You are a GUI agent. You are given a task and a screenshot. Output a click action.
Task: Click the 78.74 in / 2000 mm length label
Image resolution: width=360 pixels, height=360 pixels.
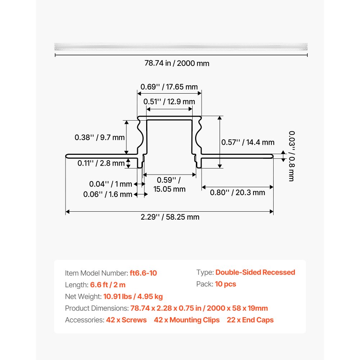[177, 63]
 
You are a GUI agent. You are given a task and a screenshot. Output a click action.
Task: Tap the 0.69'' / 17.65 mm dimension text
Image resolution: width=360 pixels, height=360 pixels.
[169, 86]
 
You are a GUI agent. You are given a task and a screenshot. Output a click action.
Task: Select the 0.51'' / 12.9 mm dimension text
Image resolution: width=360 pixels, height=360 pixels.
[169, 102]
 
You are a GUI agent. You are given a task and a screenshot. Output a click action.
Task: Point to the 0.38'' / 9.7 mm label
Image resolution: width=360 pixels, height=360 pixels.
[99, 137]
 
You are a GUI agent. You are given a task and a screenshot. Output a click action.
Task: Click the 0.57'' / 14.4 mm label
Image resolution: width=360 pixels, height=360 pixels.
[248, 142]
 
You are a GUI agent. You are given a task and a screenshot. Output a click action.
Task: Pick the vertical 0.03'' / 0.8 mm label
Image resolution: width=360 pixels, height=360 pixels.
[291, 156]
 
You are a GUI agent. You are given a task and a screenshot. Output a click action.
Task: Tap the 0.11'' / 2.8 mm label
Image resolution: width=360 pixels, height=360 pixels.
[101, 163]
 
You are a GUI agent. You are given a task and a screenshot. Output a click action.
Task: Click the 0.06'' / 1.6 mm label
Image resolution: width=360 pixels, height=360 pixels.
[108, 194]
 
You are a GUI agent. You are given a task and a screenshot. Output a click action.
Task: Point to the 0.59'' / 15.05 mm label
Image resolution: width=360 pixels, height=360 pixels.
[169, 184]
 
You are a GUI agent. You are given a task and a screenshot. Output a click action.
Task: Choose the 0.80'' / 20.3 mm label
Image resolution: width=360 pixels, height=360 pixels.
[238, 192]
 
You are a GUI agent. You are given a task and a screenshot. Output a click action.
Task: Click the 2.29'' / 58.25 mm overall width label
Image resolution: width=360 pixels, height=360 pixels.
[169, 217]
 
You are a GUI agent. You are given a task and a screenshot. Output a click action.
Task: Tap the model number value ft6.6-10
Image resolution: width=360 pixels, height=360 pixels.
[143, 273]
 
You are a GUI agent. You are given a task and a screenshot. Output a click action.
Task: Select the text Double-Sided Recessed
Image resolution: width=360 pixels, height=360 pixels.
[255, 272]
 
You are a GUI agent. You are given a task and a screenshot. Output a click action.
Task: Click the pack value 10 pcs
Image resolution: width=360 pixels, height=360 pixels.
[225, 284]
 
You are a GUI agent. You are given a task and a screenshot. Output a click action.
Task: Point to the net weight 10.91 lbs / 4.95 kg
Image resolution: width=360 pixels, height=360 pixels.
[133, 297]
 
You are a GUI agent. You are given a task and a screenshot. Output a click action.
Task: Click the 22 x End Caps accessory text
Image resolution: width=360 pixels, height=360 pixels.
[250, 320]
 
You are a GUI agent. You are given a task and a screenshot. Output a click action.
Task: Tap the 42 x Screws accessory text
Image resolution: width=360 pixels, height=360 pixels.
[126, 320]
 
